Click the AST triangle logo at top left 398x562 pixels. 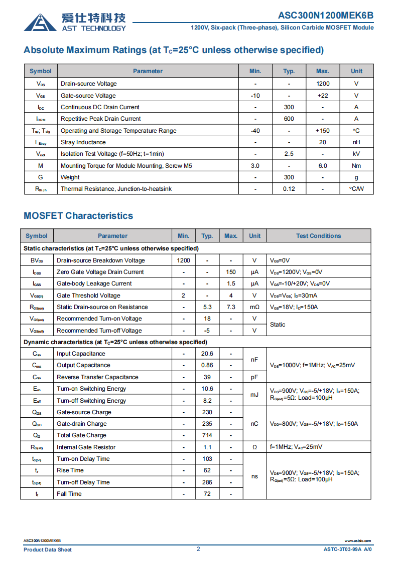click(x=40, y=22)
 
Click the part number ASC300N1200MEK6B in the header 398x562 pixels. click(x=325, y=16)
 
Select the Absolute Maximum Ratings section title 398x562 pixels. click(x=174, y=50)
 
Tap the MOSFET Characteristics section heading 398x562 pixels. click(x=78, y=216)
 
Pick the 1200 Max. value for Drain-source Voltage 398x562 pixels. click(x=323, y=84)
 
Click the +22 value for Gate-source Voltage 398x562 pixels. click(x=323, y=96)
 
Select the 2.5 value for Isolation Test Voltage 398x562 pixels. click(x=289, y=154)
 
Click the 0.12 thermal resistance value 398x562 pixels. click(x=289, y=189)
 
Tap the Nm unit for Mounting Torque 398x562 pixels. click(x=356, y=166)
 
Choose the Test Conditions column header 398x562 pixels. click(x=318, y=236)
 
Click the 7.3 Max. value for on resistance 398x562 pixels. click(x=231, y=307)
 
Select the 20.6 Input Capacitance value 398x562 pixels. click(x=207, y=354)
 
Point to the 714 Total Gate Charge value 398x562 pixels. click(x=207, y=435)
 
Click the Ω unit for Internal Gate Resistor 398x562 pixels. click(x=254, y=447)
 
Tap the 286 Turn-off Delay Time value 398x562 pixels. click(x=207, y=482)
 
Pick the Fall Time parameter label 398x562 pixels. click(x=69, y=494)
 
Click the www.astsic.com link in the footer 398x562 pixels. click(x=358, y=541)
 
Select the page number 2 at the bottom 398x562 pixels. click(x=198, y=549)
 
